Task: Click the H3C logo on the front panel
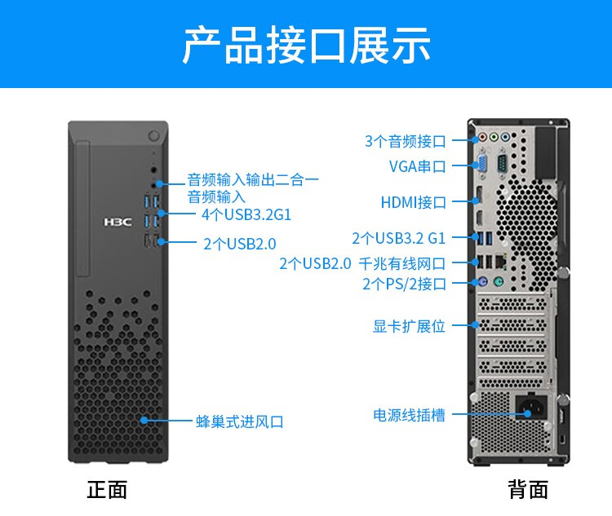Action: point(118,222)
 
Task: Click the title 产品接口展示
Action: point(306,46)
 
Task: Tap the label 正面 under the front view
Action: point(107,490)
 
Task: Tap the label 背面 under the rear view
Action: point(528,490)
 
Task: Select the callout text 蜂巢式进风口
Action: point(240,421)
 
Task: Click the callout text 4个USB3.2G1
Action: point(246,214)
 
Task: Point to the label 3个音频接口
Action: point(405,141)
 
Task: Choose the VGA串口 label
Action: point(417,166)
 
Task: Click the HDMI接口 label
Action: point(414,202)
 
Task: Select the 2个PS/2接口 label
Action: point(404,284)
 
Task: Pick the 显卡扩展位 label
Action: point(409,326)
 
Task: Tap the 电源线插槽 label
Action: point(409,415)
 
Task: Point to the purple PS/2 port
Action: point(482,281)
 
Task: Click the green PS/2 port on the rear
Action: point(499,281)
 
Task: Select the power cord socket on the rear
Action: point(531,408)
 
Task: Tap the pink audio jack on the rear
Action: point(483,137)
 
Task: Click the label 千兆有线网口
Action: point(402,263)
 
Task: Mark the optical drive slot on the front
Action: point(83,209)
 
